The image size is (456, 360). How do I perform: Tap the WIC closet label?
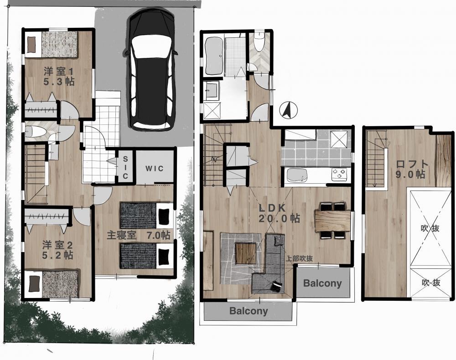(x=155, y=169)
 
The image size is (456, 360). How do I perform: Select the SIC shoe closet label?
(x=125, y=167)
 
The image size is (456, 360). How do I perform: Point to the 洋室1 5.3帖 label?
(x=59, y=77)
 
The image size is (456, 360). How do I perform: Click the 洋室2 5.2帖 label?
(x=57, y=250)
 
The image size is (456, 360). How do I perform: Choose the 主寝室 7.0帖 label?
(x=138, y=235)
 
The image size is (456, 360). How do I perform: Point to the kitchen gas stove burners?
(x=339, y=174)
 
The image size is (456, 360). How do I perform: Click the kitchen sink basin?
(x=297, y=175)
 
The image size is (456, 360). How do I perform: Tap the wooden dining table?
(x=332, y=221)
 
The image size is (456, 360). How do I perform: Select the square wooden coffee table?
(x=245, y=253)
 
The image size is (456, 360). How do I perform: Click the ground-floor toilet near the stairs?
(x=35, y=132)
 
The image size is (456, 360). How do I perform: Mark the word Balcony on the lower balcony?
(x=249, y=311)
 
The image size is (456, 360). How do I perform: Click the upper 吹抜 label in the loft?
(x=430, y=228)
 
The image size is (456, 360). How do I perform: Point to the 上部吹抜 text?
(x=300, y=258)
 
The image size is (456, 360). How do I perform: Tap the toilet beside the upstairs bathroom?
(x=258, y=42)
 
